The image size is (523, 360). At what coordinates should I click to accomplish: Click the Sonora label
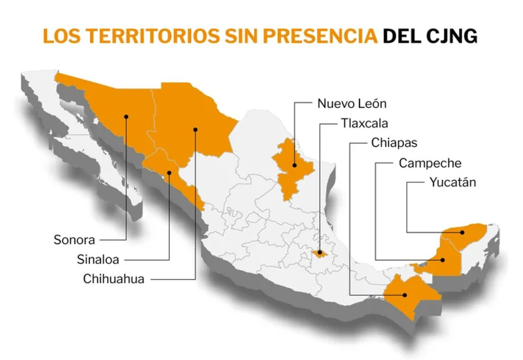(74, 239)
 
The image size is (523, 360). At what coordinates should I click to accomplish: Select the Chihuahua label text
(113, 279)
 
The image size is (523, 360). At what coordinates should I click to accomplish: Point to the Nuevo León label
(352, 103)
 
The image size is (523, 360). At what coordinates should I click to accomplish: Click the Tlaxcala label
(365, 123)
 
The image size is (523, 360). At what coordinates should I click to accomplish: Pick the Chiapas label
(394, 143)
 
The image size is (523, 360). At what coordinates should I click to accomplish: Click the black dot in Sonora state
(126, 117)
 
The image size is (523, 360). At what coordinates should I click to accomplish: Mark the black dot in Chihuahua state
(195, 130)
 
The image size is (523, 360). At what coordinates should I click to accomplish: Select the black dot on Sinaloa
(170, 172)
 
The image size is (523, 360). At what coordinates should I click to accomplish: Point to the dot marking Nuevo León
(294, 165)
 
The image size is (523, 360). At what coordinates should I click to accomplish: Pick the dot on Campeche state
(443, 260)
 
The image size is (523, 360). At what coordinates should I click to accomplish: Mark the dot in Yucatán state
(462, 233)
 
